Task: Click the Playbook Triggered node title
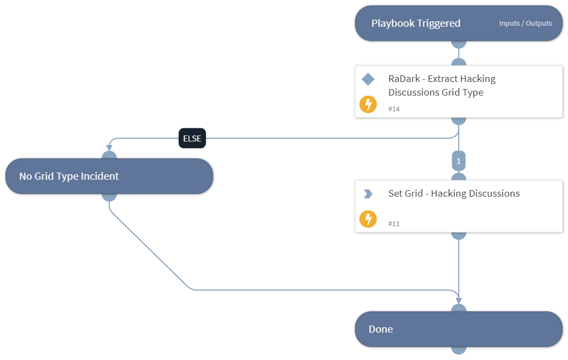[x=416, y=23]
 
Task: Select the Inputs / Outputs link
[x=525, y=23]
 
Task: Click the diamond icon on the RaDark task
[x=368, y=80]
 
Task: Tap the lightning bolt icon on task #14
[x=368, y=104]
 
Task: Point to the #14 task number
[x=394, y=109]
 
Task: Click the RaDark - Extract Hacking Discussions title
[x=442, y=85]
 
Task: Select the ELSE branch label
[x=192, y=139]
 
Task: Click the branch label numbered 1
[x=459, y=161]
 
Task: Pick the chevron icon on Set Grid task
[x=368, y=194]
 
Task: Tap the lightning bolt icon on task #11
[x=368, y=219]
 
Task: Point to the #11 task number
[x=394, y=224]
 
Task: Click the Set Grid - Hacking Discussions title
[x=454, y=193]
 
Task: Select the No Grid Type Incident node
[x=109, y=176]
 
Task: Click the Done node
[x=459, y=329]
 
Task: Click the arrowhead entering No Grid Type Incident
[x=109, y=147]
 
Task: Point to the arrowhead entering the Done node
[x=459, y=300]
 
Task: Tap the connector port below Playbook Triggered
[x=459, y=43]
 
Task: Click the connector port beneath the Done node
[x=459, y=349]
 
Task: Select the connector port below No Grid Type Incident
[x=109, y=196]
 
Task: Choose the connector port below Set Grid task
[x=459, y=235]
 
